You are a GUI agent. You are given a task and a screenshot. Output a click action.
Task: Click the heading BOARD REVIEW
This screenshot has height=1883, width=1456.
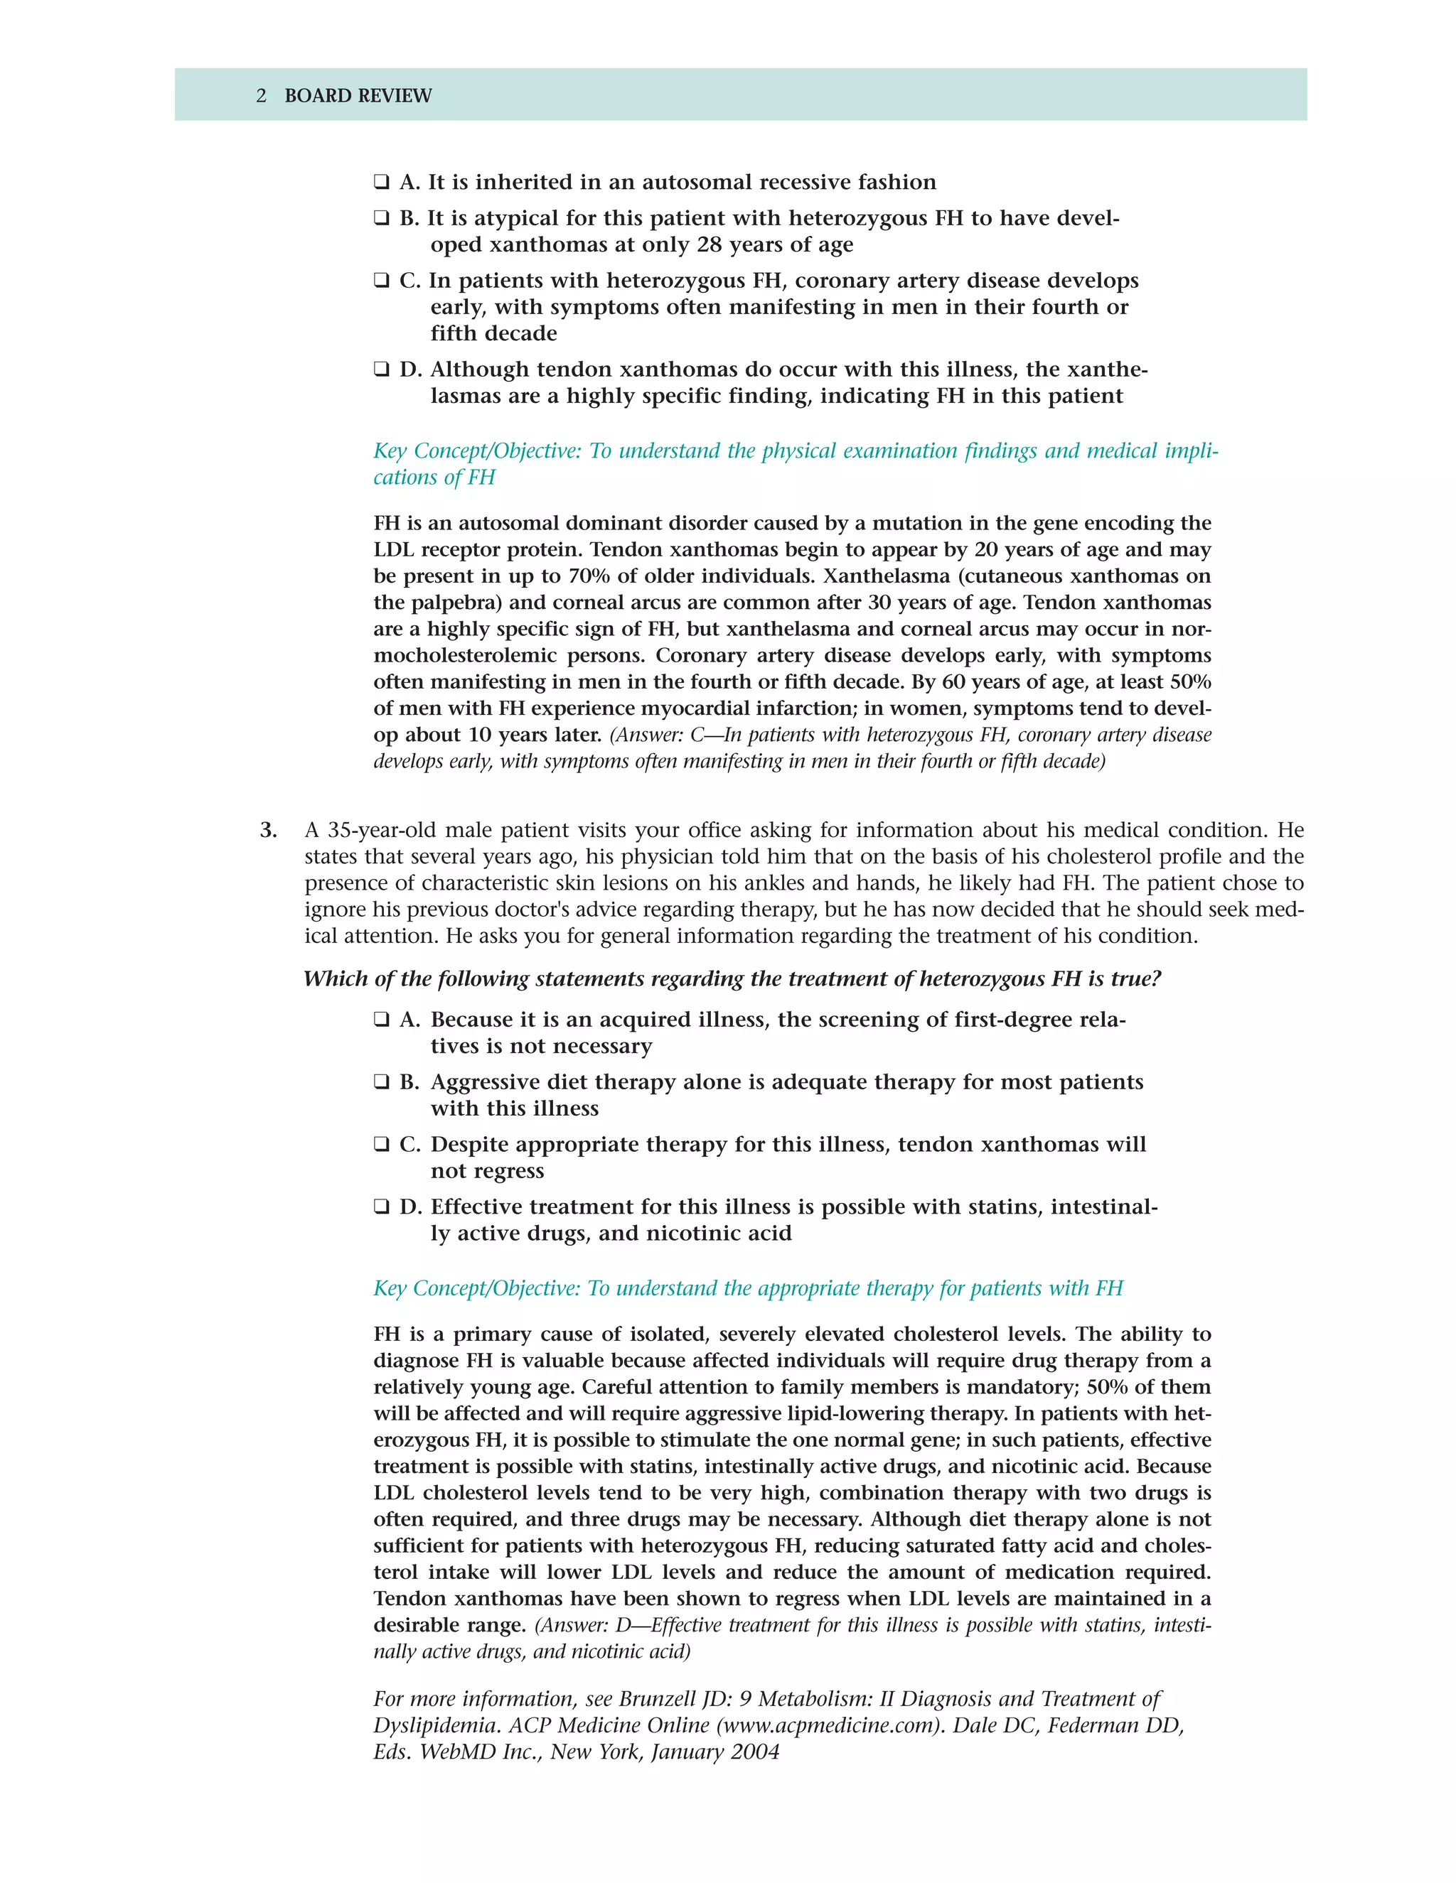point(358,96)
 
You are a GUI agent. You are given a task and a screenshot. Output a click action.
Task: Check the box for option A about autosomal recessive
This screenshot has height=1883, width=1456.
point(381,182)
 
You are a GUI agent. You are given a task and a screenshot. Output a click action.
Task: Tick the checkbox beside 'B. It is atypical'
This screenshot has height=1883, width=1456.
point(381,218)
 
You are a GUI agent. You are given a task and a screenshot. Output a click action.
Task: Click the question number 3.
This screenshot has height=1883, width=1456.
point(268,830)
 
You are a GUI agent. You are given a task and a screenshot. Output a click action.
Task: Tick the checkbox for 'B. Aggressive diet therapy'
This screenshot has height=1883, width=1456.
point(381,1082)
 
